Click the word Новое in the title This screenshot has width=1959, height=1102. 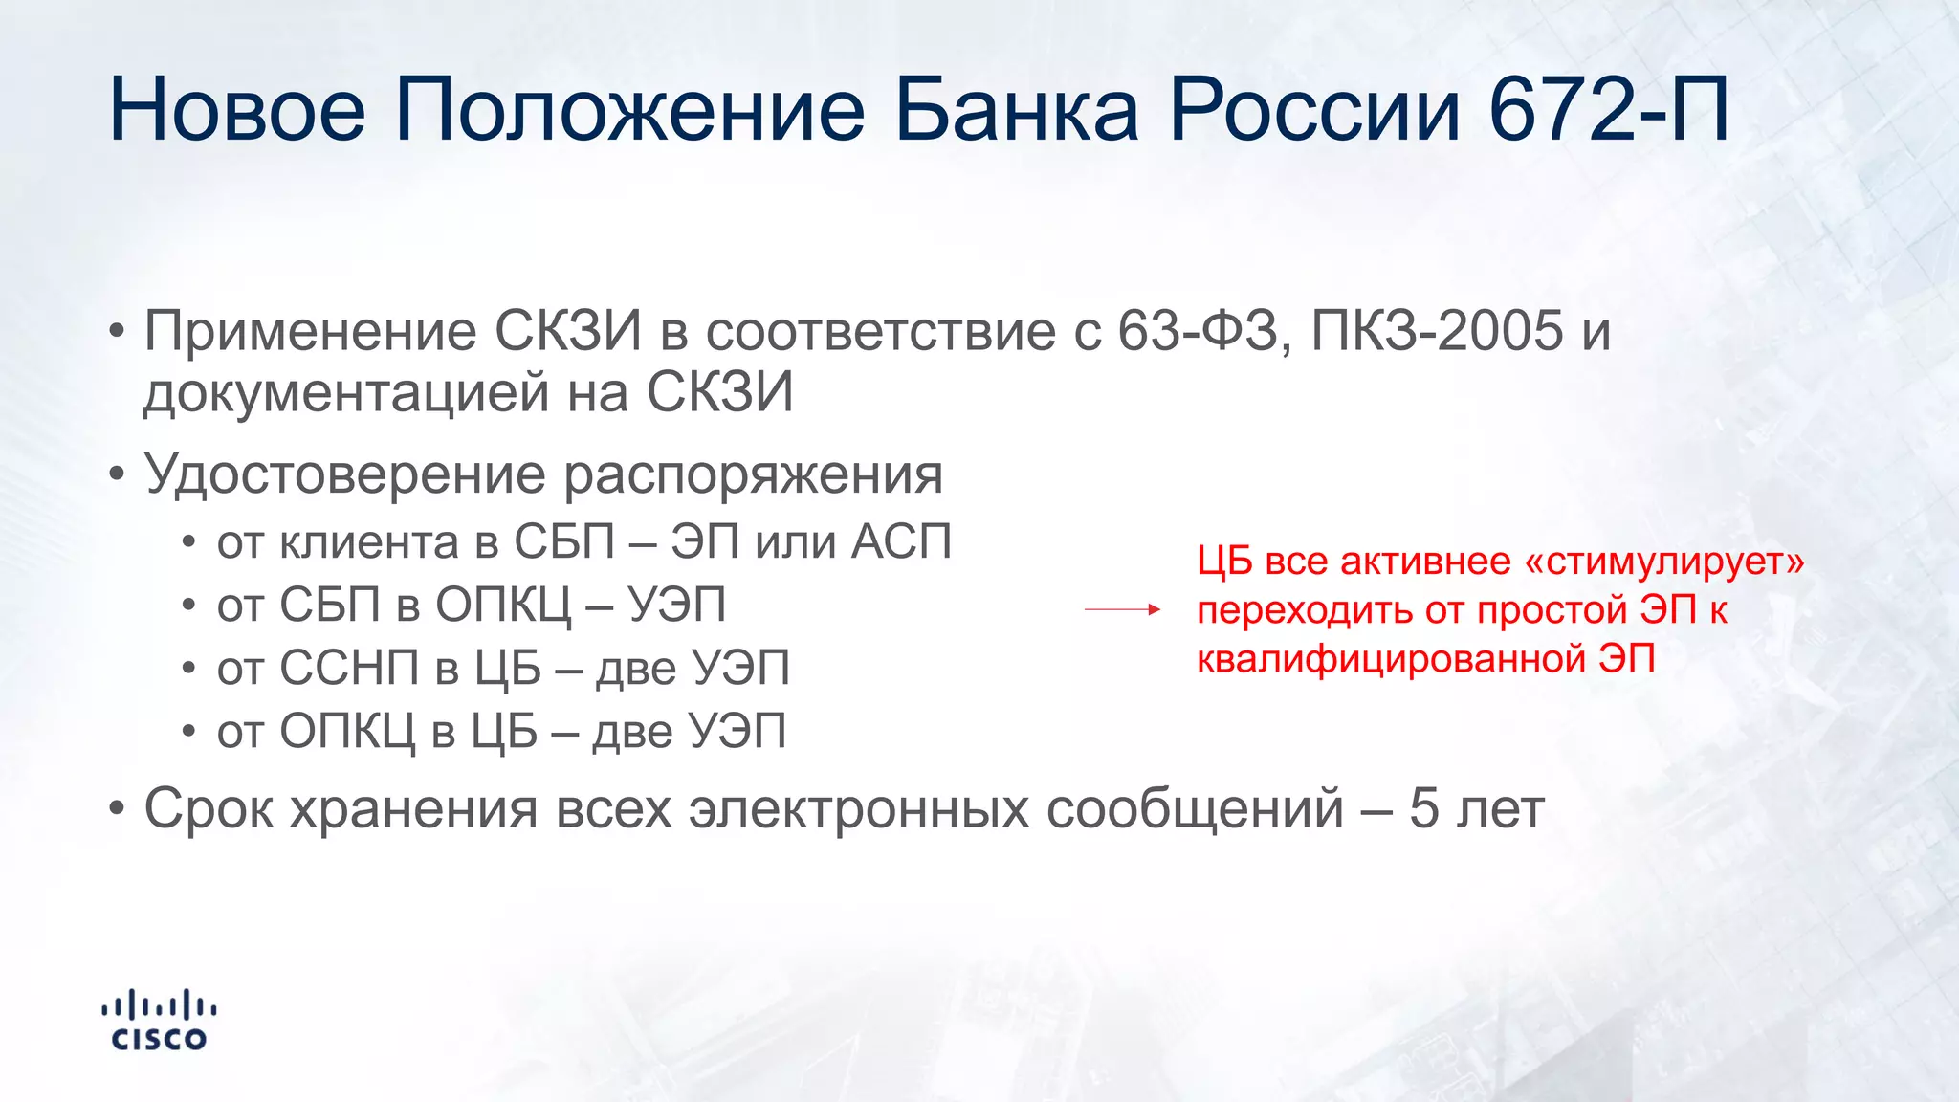pos(237,110)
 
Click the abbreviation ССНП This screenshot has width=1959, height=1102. pos(350,669)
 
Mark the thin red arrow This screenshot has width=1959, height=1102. pos(1122,609)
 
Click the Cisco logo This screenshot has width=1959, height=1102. pos(159,1021)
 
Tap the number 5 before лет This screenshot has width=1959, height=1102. pos(1423,808)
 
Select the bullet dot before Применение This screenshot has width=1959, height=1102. pos(117,332)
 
